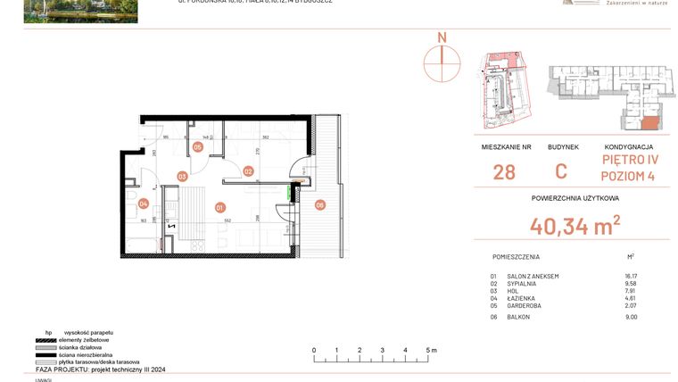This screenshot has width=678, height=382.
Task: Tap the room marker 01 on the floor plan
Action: click(219, 207)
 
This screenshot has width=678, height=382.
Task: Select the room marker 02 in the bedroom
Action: click(249, 170)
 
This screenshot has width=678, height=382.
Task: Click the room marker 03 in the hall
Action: click(181, 177)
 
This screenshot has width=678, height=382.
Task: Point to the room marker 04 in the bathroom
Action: click(143, 203)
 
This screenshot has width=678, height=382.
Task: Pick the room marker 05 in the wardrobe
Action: click(197, 147)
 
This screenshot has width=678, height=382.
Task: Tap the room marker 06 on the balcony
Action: click(320, 204)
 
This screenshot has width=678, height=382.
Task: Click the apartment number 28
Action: click(504, 172)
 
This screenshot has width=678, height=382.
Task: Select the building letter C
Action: click(561, 172)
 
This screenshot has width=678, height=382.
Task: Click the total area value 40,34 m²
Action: click(575, 227)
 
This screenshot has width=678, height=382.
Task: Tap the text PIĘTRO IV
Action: click(628, 160)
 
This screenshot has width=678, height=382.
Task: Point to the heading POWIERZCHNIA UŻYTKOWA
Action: click(575, 198)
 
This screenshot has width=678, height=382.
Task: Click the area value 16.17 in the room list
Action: click(632, 277)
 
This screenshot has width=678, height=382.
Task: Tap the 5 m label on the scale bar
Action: click(431, 350)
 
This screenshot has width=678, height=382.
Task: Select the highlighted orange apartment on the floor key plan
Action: click(650, 123)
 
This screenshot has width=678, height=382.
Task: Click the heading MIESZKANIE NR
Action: click(506, 146)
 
